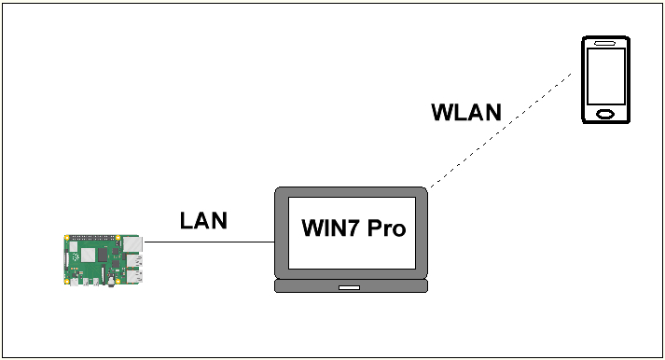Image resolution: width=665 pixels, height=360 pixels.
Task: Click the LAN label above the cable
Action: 203,220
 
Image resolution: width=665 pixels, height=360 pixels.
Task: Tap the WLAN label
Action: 466,112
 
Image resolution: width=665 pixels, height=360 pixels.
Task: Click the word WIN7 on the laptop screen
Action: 330,228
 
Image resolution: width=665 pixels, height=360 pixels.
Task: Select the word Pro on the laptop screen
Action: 386,228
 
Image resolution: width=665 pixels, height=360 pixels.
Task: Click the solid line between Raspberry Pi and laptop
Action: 210,242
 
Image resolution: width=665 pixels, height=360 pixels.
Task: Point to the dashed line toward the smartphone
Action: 501,130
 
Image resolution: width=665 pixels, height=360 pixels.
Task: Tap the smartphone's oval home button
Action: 605,114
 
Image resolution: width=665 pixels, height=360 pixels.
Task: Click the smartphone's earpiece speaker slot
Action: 605,43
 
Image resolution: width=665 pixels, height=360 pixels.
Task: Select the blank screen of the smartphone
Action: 605,76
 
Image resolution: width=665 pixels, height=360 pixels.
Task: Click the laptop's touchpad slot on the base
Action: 349,287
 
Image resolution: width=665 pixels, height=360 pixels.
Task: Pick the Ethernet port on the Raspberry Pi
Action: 132,243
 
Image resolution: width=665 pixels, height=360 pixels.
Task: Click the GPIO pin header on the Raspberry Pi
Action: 92,238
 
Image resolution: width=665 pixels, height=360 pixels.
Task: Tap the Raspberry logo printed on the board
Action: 76,257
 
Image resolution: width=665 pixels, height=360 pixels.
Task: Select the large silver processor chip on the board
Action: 88,255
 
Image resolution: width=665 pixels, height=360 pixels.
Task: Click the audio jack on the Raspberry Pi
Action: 112,281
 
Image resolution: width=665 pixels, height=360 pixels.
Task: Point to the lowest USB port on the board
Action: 135,276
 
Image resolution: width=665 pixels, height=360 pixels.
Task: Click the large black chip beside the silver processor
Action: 103,255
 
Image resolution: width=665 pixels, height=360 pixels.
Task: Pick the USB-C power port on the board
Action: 75,282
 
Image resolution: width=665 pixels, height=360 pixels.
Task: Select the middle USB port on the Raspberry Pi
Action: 135,260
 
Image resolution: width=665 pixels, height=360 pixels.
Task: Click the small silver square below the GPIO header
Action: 74,247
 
